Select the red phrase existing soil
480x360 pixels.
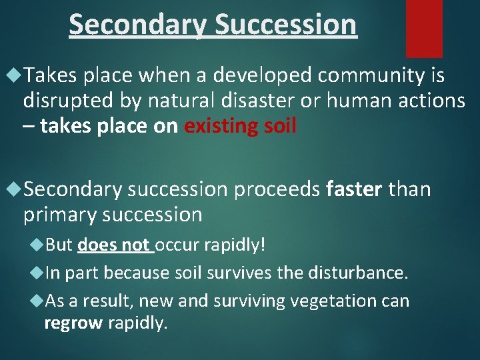240,126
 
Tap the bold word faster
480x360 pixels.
353,190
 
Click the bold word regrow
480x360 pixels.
73,324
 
